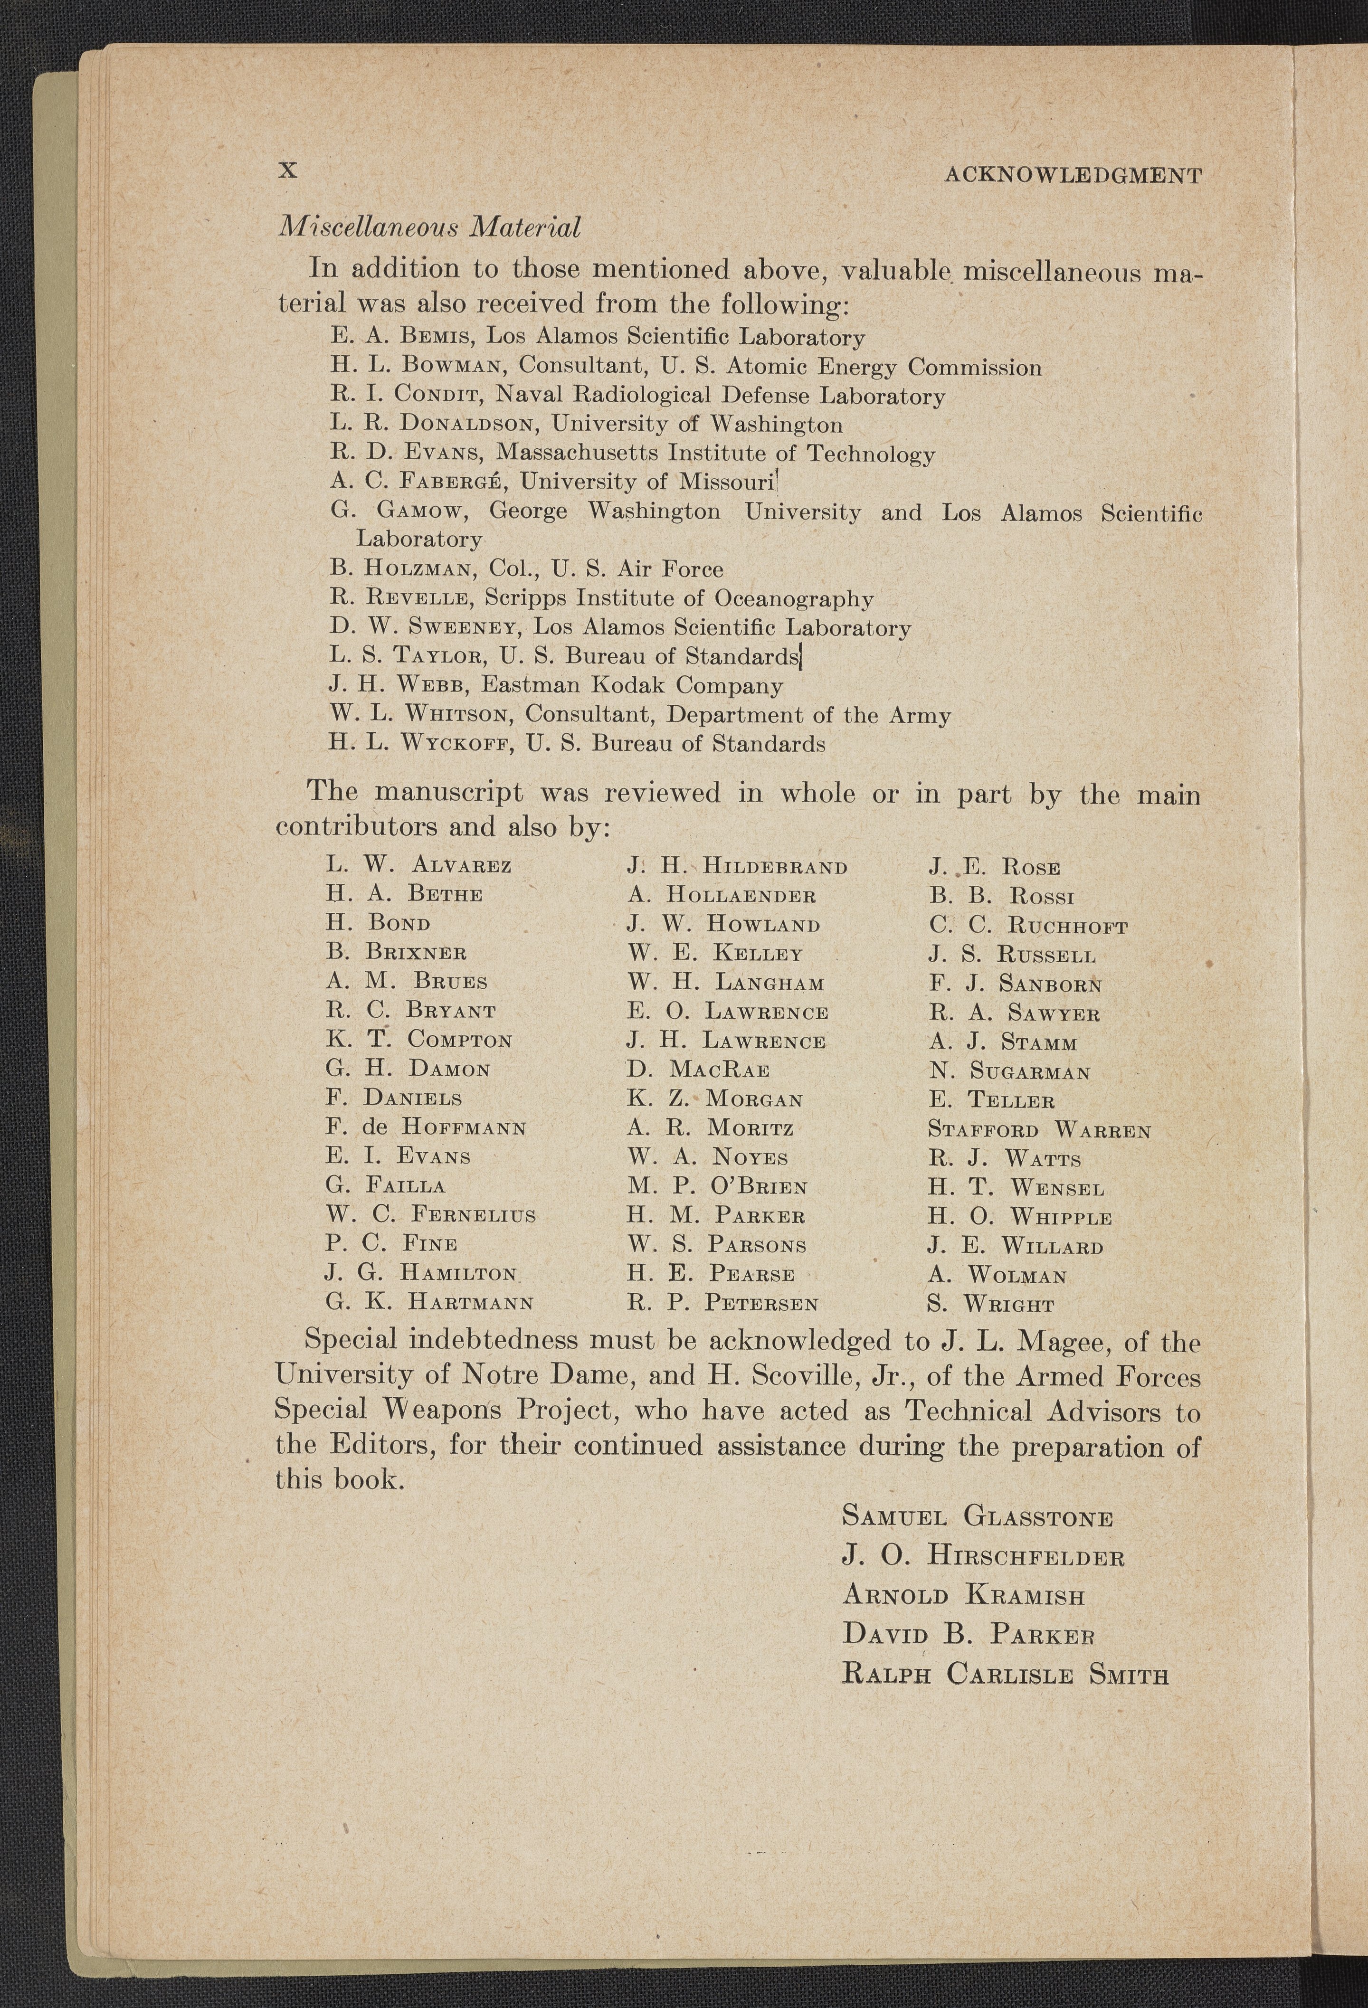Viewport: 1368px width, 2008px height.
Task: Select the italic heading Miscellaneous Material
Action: (428, 227)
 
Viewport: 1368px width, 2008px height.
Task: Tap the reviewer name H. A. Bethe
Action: (404, 893)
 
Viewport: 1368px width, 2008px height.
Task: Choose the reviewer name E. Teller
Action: (991, 1101)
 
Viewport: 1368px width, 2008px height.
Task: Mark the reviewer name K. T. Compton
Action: (419, 1040)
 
